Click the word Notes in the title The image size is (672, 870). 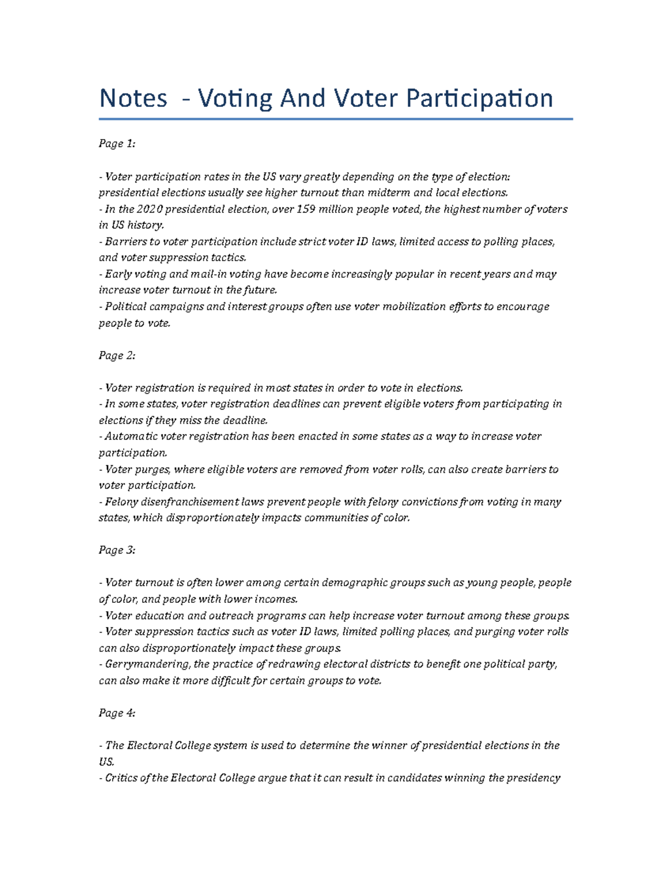pyautogui.click(x=133, y=99)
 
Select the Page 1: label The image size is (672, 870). pyautogui.click(x=117, y=144)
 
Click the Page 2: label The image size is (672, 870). pyautogui.click(x=117, y=356)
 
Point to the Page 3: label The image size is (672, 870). pyautogui.click(x=117, y=550)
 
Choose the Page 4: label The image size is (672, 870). pyautogui.click(x=117, y=713)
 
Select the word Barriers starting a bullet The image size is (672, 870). pyautogui.click(x=124, y=242)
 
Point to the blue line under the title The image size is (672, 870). pyautogui.click(x=335, y=119)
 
